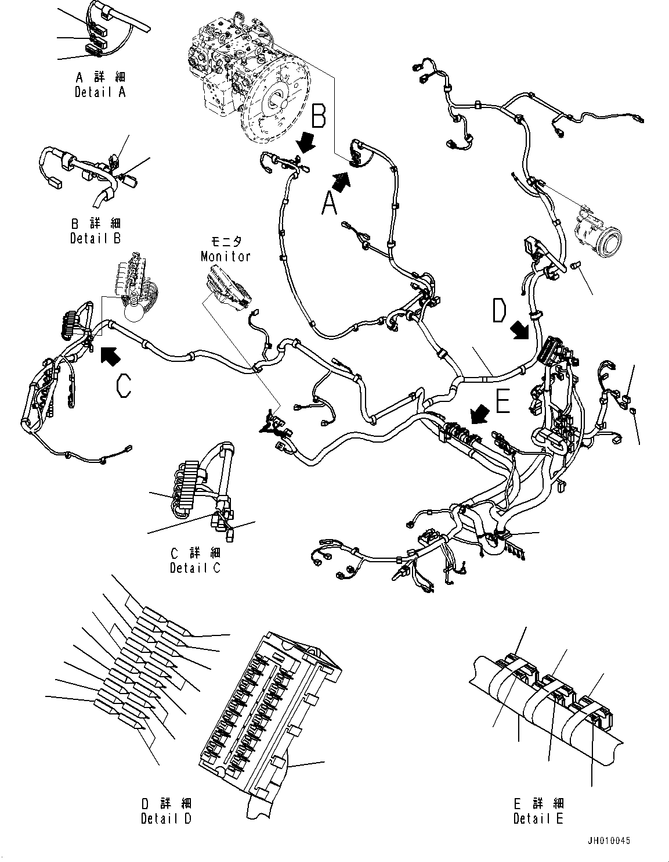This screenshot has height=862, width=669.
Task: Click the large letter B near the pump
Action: click(319, 116)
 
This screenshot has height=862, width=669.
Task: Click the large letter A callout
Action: click(329, 202)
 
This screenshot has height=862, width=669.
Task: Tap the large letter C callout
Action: click(124, 386)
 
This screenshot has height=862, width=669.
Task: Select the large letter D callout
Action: click(499, 310)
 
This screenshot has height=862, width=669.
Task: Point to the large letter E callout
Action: click(502, 401)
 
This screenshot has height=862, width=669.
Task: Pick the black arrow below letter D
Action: click(519, 330)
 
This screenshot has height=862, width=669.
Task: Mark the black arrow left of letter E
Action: click(478, 415)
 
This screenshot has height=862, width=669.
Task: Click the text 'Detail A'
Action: click(100, 92)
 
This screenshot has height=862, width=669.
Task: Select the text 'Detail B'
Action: click(96, 238)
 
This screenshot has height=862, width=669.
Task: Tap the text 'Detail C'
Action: click(196, 568)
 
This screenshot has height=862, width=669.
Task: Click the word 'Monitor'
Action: click(226, 256)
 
